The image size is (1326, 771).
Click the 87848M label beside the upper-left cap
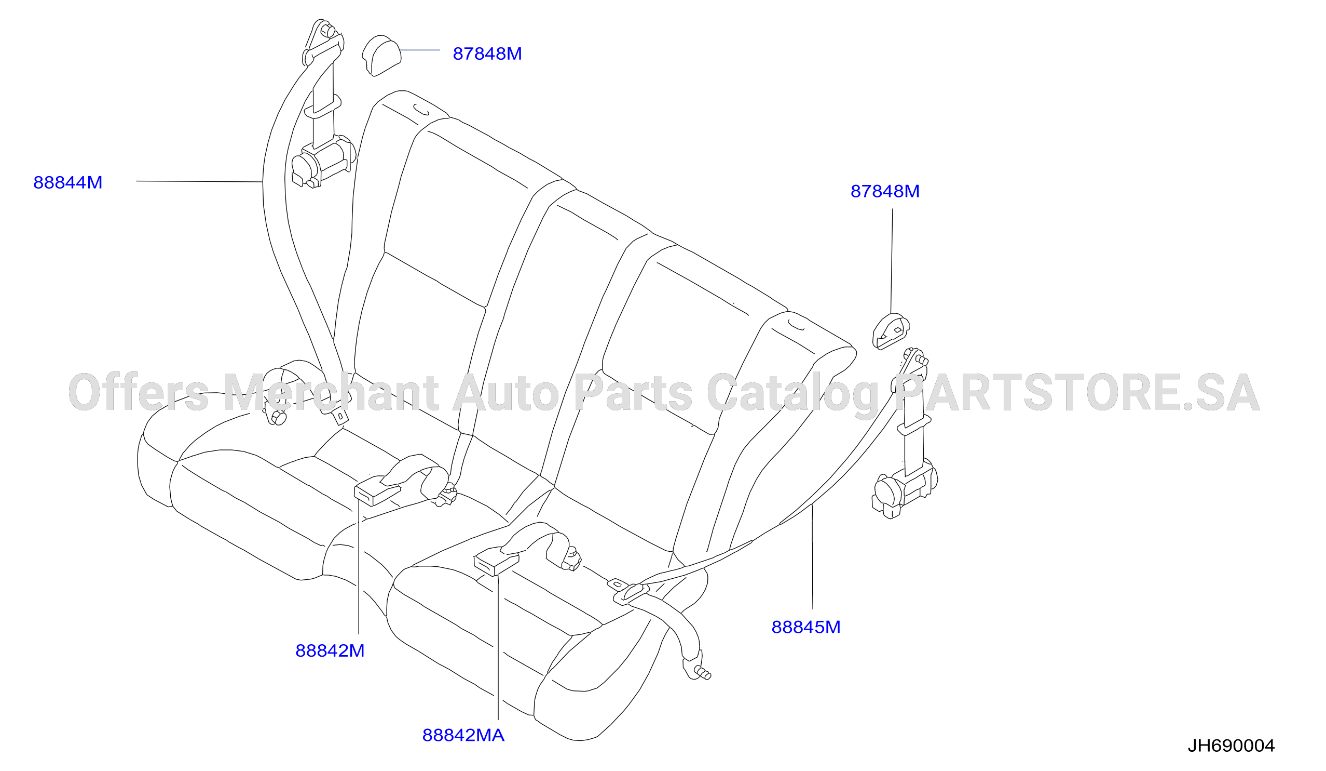point(487,54)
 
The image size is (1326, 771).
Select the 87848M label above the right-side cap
point(885,191)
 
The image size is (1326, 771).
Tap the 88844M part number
point(68,182)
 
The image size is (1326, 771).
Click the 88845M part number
point(806,627)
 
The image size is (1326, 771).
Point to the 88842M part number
point(330,650)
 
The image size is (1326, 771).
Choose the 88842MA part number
point(463,735)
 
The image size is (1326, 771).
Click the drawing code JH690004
point(1231,745)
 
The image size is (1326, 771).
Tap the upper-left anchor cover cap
point(381,55)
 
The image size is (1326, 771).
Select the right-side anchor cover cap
point(891,331)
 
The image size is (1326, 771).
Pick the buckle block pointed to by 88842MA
point(496,562)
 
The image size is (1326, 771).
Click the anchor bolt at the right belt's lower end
point(702,672)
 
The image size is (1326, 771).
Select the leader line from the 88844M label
point(199,182)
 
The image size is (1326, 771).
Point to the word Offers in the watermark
point(139,392)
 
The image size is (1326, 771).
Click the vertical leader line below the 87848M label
point(892,261)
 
